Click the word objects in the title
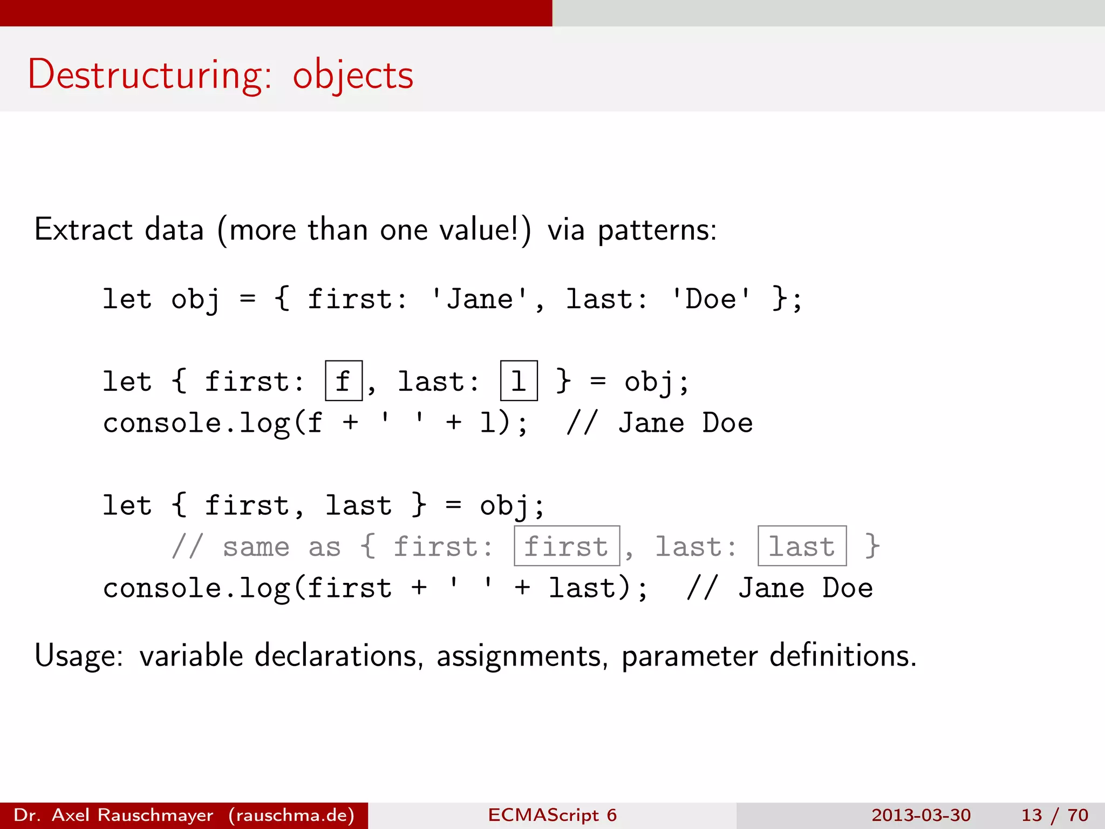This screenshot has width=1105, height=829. coord(353,76)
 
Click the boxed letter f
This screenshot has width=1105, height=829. coord(344,381)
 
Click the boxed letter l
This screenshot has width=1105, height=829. coord(519,381)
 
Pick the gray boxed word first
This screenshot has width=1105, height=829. coord(567,546)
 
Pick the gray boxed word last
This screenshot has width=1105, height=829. coord(802,546)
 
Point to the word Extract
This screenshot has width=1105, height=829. coord(83,229)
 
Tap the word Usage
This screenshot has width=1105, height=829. coord(78,656)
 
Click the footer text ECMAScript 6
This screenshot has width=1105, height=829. coord(552,815)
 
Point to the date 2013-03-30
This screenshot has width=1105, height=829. coord(920,815)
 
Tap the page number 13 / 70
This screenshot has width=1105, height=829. coord(1054,815)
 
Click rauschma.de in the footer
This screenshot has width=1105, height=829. coord(291,815)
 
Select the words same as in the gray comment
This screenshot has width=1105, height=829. coord(281,547)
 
